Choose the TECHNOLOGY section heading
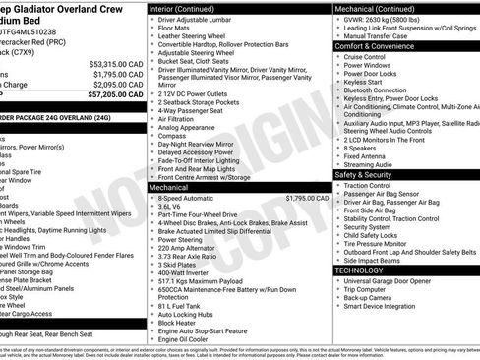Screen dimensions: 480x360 (360, 269)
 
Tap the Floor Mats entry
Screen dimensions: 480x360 (175, 29)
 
